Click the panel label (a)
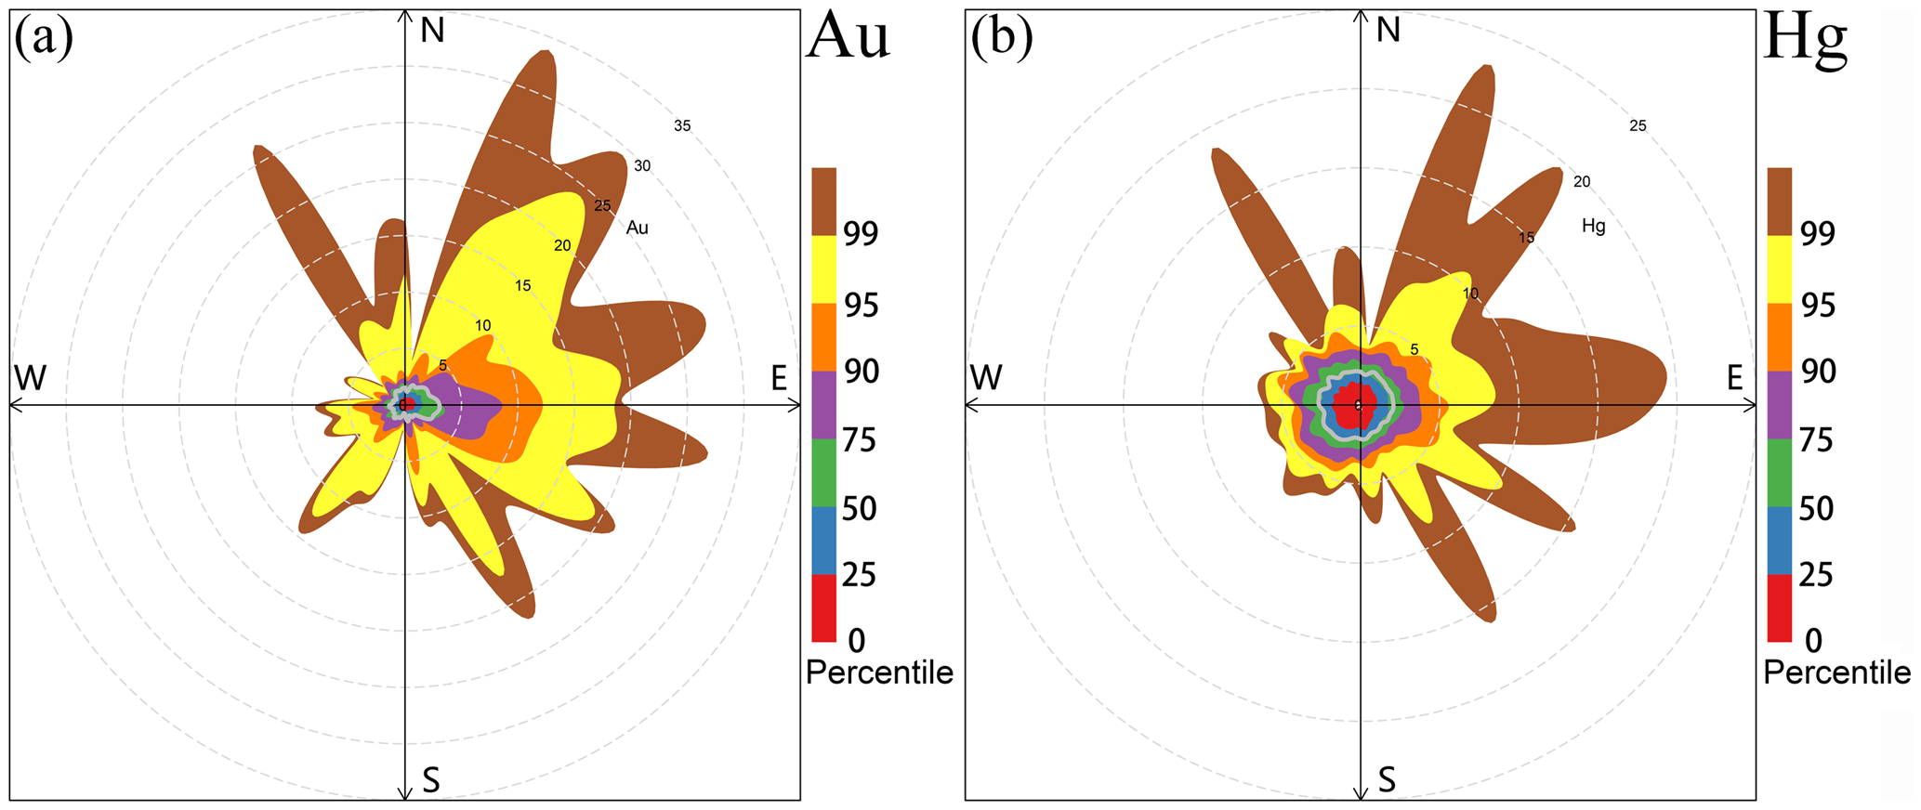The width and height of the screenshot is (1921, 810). click(43, 40)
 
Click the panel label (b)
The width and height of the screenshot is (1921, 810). click(1001, 40)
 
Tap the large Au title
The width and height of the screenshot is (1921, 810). click(849, 39)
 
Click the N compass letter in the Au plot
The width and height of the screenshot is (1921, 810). click(432, 32)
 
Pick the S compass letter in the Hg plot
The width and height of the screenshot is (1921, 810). click(1387, 779)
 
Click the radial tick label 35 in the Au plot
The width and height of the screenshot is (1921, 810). click(682, 126)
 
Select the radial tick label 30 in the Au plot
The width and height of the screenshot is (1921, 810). click(642, 166)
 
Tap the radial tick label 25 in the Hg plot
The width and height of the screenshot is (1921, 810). click(1638, 126)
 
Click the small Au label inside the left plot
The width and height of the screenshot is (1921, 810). click(638, 228)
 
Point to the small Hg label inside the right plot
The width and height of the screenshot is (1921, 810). click(1594, 226)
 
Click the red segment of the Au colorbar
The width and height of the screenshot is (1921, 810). click(823, 607)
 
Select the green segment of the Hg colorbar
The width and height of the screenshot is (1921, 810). click(1779, 472)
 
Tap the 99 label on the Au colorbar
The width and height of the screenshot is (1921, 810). click(861, 234)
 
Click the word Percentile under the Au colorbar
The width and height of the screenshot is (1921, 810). click(879, 673)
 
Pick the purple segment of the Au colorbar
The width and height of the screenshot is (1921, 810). click(823, 404)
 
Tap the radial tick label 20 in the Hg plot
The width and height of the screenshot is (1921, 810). click(1582, 182)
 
